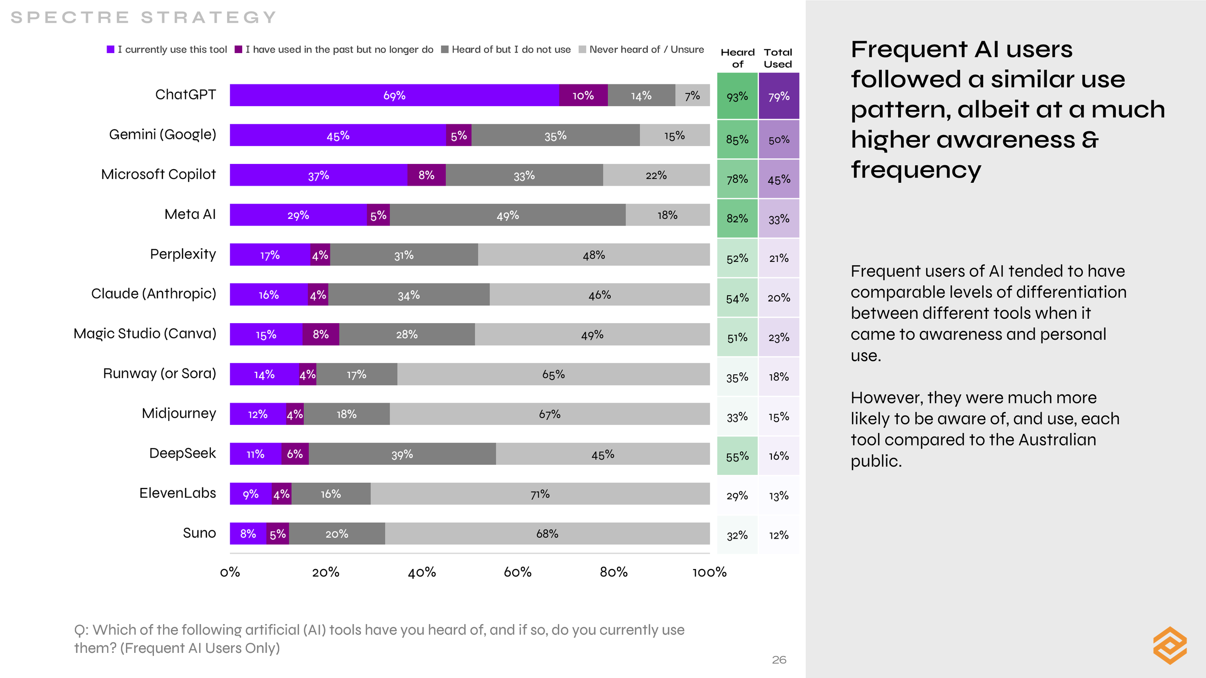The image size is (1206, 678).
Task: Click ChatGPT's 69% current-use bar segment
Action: pyautogui.click(x=394, y=95)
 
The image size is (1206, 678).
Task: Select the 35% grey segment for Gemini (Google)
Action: pyautogui.click(x=555, y=136)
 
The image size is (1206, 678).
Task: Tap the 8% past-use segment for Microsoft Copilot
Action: pyautogui.click(x=426, y=175)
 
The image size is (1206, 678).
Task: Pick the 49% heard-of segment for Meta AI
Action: pyautogui.click(x=507, y=215)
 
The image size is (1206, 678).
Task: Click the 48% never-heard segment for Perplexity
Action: pyautogui.click(x=593, y=255)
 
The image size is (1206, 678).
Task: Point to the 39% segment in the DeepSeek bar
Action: pyautogui.click(x=402, y=454)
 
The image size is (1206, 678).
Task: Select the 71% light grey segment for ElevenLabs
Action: pyautogui.click(x=540, y=494)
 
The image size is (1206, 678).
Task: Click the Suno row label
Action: pyautogui.click(x=199, y=533)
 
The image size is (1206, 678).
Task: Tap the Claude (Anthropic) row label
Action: pyautogui.click(x=153, y=294)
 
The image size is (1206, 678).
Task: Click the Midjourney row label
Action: pyautogui.click(x=178, y=413)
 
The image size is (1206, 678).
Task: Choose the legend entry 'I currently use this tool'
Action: pyautogui.click(x=167, y=50)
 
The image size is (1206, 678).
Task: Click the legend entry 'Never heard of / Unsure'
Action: pyautogui.click(x=641, y=50)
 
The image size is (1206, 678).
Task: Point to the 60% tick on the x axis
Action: pyautogui.click(x=518, y=572)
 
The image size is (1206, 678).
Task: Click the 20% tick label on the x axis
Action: pyautogui.click(x=326, y=572)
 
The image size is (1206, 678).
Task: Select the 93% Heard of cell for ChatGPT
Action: pyautogui.click(x=737, y=96)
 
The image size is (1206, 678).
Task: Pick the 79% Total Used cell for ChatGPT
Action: pyautogui.click(x=779, y=96)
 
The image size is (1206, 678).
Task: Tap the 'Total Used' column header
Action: pyautogui.click(x=778, y=58)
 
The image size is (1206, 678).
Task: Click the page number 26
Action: pyautogui.click(x=779, y=660)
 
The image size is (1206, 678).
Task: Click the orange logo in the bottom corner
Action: pyautogui.click(x=1170, y=645)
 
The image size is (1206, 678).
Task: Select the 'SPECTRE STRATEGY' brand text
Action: pyautogui.click(x=143, y=18)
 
